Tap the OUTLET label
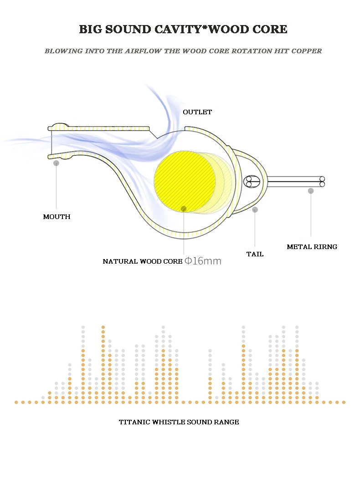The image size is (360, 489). tap(197, 112)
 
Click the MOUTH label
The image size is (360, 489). tap(57, 217)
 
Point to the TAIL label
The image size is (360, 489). tap(255, 254)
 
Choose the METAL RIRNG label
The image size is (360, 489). tap(312, 247)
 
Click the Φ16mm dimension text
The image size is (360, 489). tap(203, 261)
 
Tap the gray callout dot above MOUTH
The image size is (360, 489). tap(56, 163)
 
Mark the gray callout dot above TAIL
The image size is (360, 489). tap(255, 209)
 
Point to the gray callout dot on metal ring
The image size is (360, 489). tap(311, 191)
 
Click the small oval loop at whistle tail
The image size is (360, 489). tap(252, 182)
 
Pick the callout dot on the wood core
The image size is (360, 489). tap(184, 209)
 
